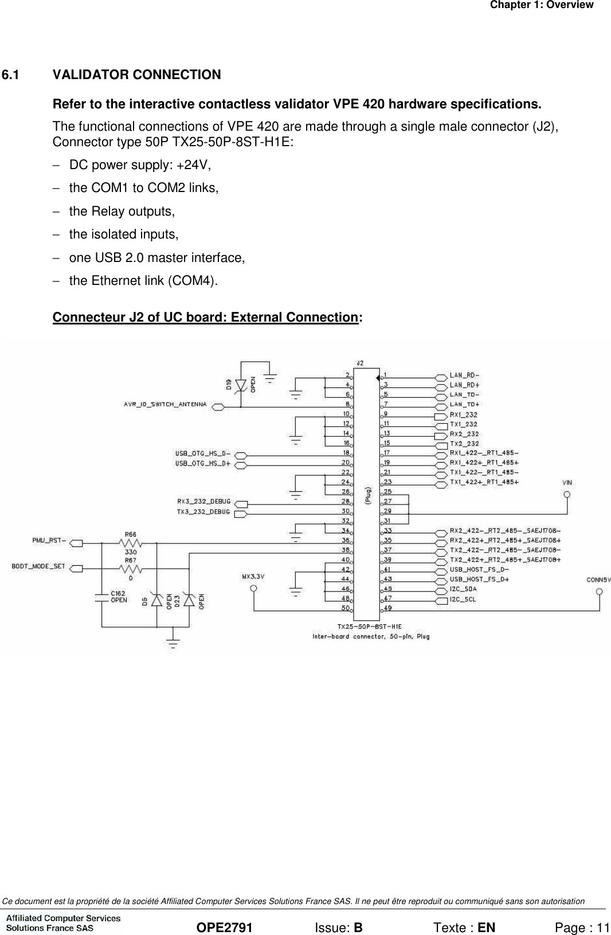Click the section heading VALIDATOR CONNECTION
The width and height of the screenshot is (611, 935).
[x=136, y=75]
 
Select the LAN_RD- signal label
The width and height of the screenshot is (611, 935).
[x=464, y=375]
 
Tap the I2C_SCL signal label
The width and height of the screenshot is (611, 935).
[x=463, y=600]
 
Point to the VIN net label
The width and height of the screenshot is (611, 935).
[x=567, y=483]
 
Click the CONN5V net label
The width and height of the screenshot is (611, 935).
[x=598, y=580]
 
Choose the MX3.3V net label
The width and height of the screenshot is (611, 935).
[x=252, y=577]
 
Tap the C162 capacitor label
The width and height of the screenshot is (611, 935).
[x=119, y=594]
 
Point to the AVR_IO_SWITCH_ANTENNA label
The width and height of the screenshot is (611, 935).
[x=165, y=405]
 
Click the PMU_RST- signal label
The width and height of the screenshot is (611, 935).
[x=48, y=540]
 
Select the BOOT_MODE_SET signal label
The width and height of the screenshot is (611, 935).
[x=38, y=566]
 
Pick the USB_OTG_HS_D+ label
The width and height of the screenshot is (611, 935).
[x=203, y=463]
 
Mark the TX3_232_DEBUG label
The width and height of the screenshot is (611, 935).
[x=203, y=512]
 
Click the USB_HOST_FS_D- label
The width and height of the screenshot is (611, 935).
[x=479, y=570]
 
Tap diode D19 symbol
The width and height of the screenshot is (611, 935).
[x=241, y=385]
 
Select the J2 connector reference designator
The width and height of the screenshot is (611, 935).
[x=359, y=363]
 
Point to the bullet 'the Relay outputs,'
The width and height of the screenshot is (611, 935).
[x=122, y=212]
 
